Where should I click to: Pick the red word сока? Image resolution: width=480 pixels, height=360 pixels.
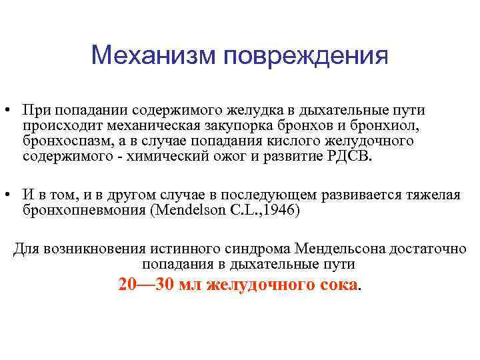(337, 285)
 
